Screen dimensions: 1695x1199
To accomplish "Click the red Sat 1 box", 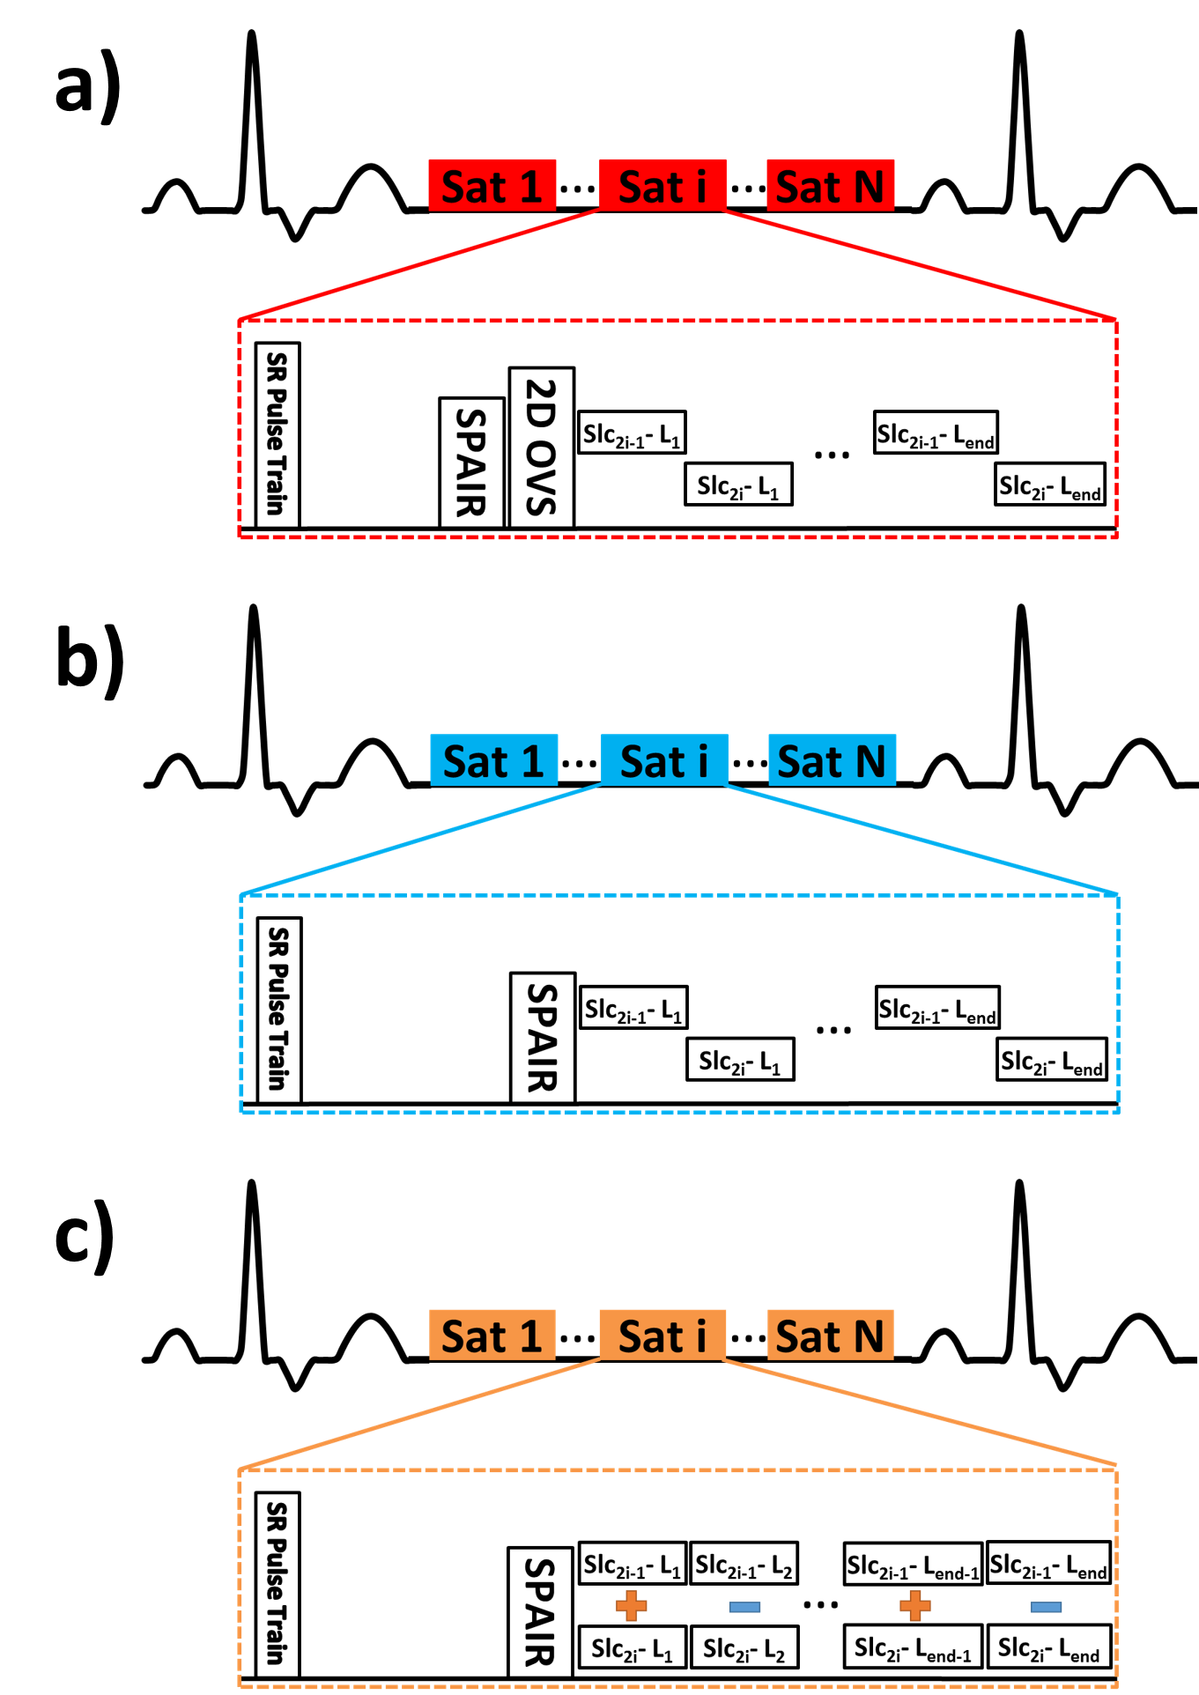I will tap(492, 185).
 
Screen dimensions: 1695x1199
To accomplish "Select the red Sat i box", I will tap(662, 185).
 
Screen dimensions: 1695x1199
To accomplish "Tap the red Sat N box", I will tap(830, 185).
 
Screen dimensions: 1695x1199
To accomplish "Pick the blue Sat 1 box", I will tap(493, 759).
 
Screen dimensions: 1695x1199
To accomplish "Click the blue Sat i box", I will tap(664, 759).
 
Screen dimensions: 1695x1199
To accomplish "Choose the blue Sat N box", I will tap(832, 759).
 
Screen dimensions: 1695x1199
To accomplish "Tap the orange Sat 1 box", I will tap(492, 1335).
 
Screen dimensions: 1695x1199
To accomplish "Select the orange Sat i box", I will tap(662, 1335).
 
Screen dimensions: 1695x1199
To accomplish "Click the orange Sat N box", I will tap(830, 1335).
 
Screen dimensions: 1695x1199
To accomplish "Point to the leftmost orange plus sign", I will tap(632, 1605).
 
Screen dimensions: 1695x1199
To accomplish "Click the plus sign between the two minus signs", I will tap(915, 1605).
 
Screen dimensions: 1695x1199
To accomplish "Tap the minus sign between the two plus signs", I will tap(744, 1607).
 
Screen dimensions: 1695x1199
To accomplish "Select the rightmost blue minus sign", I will tap(1046, 1607).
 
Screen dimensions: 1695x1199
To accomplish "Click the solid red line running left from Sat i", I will tap(419, 264).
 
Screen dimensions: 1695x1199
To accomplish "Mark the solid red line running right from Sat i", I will tap(920, 264).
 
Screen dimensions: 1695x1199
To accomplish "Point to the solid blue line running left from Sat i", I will tap(421, 840).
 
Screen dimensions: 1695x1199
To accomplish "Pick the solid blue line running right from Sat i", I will tap(921, 840).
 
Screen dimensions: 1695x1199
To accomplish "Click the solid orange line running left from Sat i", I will tap(419, 1415).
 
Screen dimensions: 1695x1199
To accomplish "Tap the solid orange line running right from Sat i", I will tap(920, 1412).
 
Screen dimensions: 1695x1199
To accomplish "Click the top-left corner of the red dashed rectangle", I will tap(241, 321).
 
